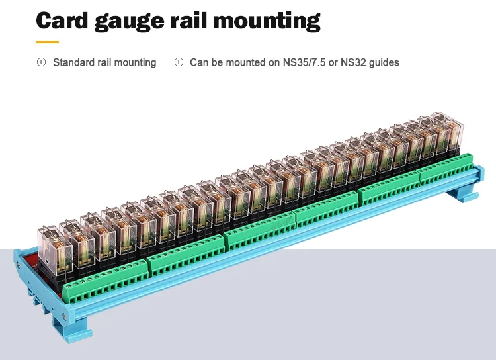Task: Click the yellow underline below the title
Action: [x=47, y=42]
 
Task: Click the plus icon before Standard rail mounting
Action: [x=41, y=62]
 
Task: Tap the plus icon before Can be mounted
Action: [x=179, y=62]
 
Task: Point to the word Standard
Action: [x=74, y=62]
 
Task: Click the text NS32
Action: [x=350, y=62]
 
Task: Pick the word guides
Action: [x=384, y=62]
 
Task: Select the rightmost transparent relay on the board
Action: [x=445, y=128]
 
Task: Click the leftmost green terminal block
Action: [x=106, y=279]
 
